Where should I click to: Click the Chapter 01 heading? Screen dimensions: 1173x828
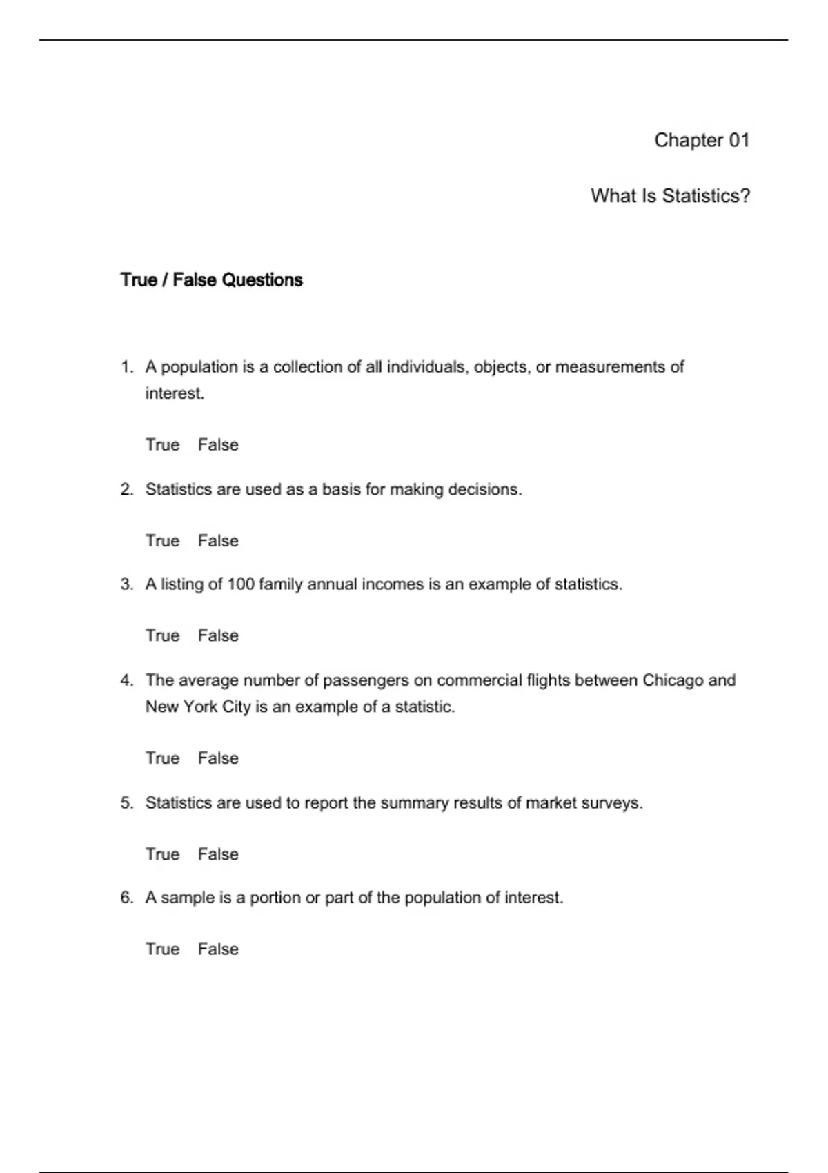(x=701, y=140)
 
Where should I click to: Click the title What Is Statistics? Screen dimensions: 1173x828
(x=670, y=196)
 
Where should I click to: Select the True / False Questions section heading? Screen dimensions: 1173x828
(x=211, y=279)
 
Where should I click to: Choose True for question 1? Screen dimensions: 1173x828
(x=162, y=445)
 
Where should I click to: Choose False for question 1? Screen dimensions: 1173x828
(x=218, y=445)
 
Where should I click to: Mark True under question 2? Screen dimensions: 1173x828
(x=162, y=541)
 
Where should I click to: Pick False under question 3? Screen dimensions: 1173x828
(x=218, y=635)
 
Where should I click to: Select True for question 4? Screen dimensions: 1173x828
(x=162, y=758)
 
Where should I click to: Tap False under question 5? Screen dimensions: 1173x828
(x=218, y=854)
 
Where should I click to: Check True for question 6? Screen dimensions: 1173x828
(x=162, y=949)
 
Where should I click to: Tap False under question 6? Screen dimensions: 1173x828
(x=218, y=949)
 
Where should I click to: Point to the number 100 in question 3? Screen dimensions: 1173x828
(x=241, y=584)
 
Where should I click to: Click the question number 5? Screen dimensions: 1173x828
(x=126, y=803)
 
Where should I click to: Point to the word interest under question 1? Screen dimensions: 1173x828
(x=174, y=393)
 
